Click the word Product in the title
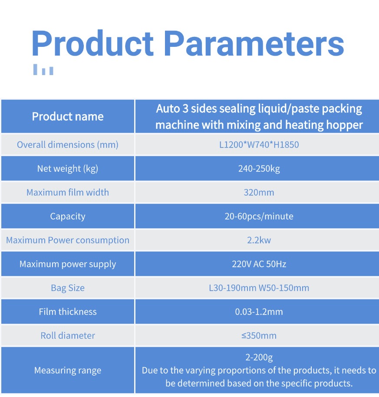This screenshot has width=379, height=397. point(92,43)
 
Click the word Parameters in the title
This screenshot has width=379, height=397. point(254,43)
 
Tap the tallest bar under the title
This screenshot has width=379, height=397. point(35,69)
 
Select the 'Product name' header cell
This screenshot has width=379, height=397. point(68,116)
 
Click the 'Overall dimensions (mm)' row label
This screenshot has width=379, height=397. point(68,144)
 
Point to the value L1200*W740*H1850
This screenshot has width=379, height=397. point(259,144)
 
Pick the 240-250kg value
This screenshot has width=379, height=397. point(259,169)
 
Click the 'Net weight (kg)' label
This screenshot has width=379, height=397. point(68,169)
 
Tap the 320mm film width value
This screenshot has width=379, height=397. point(259,192)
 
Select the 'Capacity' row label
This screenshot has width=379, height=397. point(68,217)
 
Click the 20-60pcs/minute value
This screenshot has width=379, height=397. point(259,216)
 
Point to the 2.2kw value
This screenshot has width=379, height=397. point(259,240)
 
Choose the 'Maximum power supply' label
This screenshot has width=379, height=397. point(68,264)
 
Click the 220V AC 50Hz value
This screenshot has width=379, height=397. point(259,264)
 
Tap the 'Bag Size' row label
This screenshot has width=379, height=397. point(68,288)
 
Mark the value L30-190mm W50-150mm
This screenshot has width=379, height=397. point(259,288)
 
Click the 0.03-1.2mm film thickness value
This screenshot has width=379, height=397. point(259,312)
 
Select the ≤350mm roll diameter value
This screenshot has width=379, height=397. point(259,335)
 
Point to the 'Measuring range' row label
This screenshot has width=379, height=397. point(68,371)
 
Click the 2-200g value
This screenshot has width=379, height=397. point(259,357)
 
